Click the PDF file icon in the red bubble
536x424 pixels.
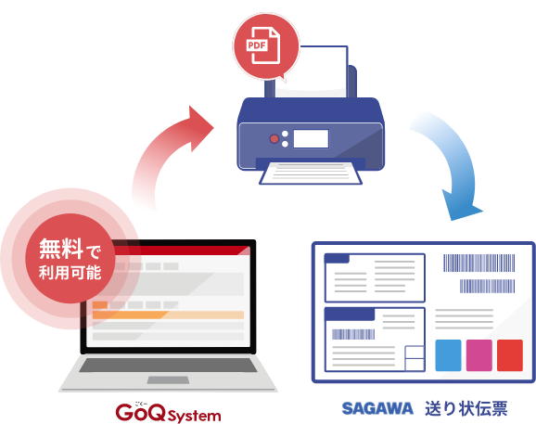coord(263,45)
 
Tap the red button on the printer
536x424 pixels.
coord(274,138)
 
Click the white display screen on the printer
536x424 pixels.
coord(311,138)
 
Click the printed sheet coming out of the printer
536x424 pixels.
coord(311,173)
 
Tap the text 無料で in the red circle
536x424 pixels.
coord(70,249)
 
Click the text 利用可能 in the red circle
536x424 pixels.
coord(70,273)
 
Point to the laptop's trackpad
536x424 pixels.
coord(168,379)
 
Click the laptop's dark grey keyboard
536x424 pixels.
coord(168,366)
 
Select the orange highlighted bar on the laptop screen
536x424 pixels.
coord(168,315)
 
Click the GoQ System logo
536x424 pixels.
coord(168,412)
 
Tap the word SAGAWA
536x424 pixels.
coord(377,408)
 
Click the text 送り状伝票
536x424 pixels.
coord(466,408)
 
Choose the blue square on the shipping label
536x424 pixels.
coord(448,355)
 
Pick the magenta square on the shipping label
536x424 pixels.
coord(479,355)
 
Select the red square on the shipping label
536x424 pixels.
coord(510,355)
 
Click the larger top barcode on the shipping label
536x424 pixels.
coord(479,263)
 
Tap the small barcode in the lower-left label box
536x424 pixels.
coord(353,334)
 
